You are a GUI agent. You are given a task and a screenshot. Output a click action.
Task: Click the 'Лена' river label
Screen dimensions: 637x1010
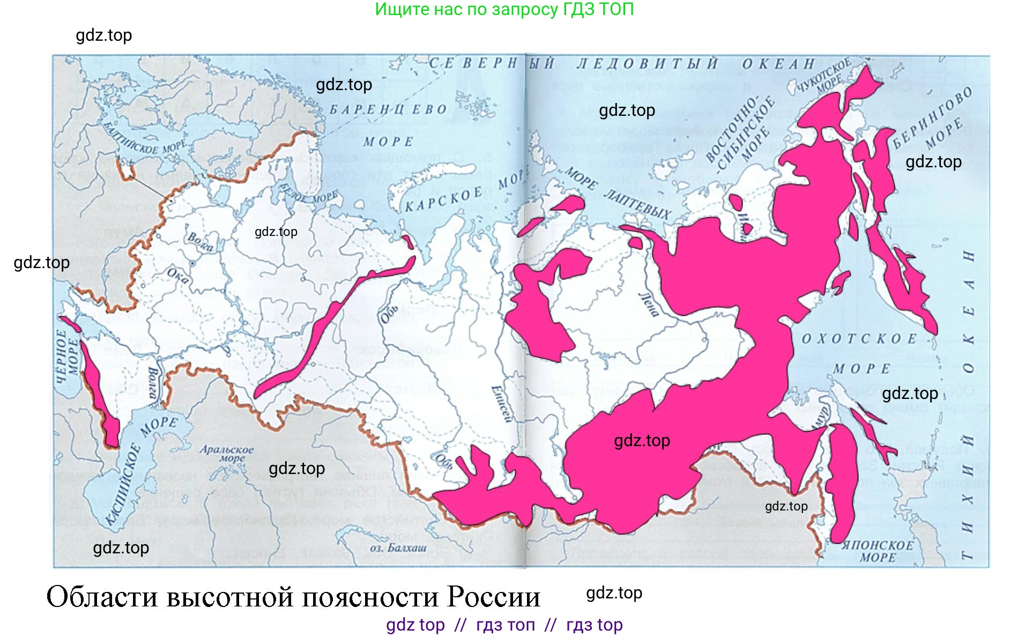[x=649, y=305]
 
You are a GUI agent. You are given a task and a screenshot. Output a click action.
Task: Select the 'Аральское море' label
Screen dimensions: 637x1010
[x=226, y=454]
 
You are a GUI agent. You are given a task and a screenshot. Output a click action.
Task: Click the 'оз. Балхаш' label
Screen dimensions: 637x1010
[x=398, y=548]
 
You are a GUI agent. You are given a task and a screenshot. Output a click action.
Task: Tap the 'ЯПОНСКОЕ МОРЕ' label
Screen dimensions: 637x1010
[x=878, y=551]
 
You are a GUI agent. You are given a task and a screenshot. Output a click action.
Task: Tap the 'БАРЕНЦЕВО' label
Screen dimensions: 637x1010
[x=388, y=110]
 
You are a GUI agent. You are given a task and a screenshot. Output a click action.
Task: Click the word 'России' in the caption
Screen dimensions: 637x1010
[x=494, y=597]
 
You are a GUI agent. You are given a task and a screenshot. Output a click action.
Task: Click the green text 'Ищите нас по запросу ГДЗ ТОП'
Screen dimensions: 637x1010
[x=504, y=9]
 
